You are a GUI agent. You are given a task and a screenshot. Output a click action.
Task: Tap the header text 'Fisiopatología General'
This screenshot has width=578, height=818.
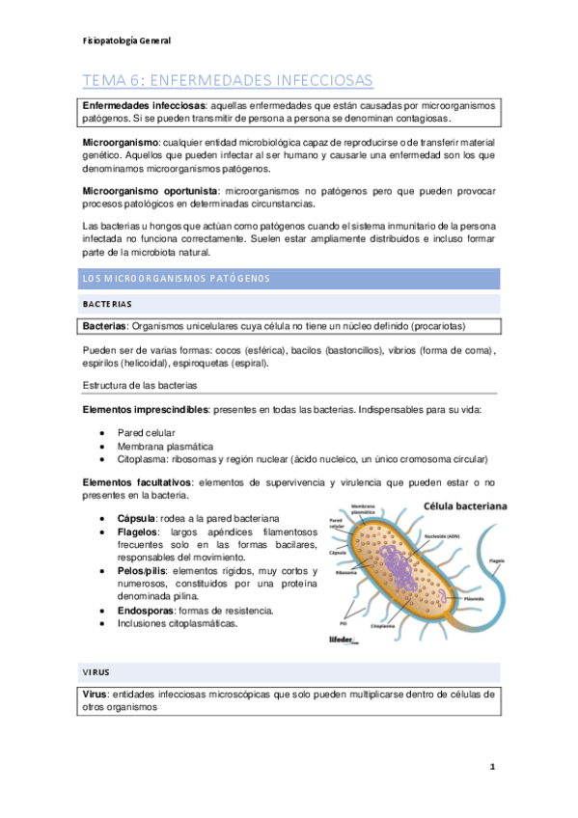[x=126, y=41]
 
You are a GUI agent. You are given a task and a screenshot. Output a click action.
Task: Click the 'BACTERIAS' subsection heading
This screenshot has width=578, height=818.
[x=107, y=303]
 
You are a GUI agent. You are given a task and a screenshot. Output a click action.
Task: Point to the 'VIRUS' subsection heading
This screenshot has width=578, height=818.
[x=95, y=670]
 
